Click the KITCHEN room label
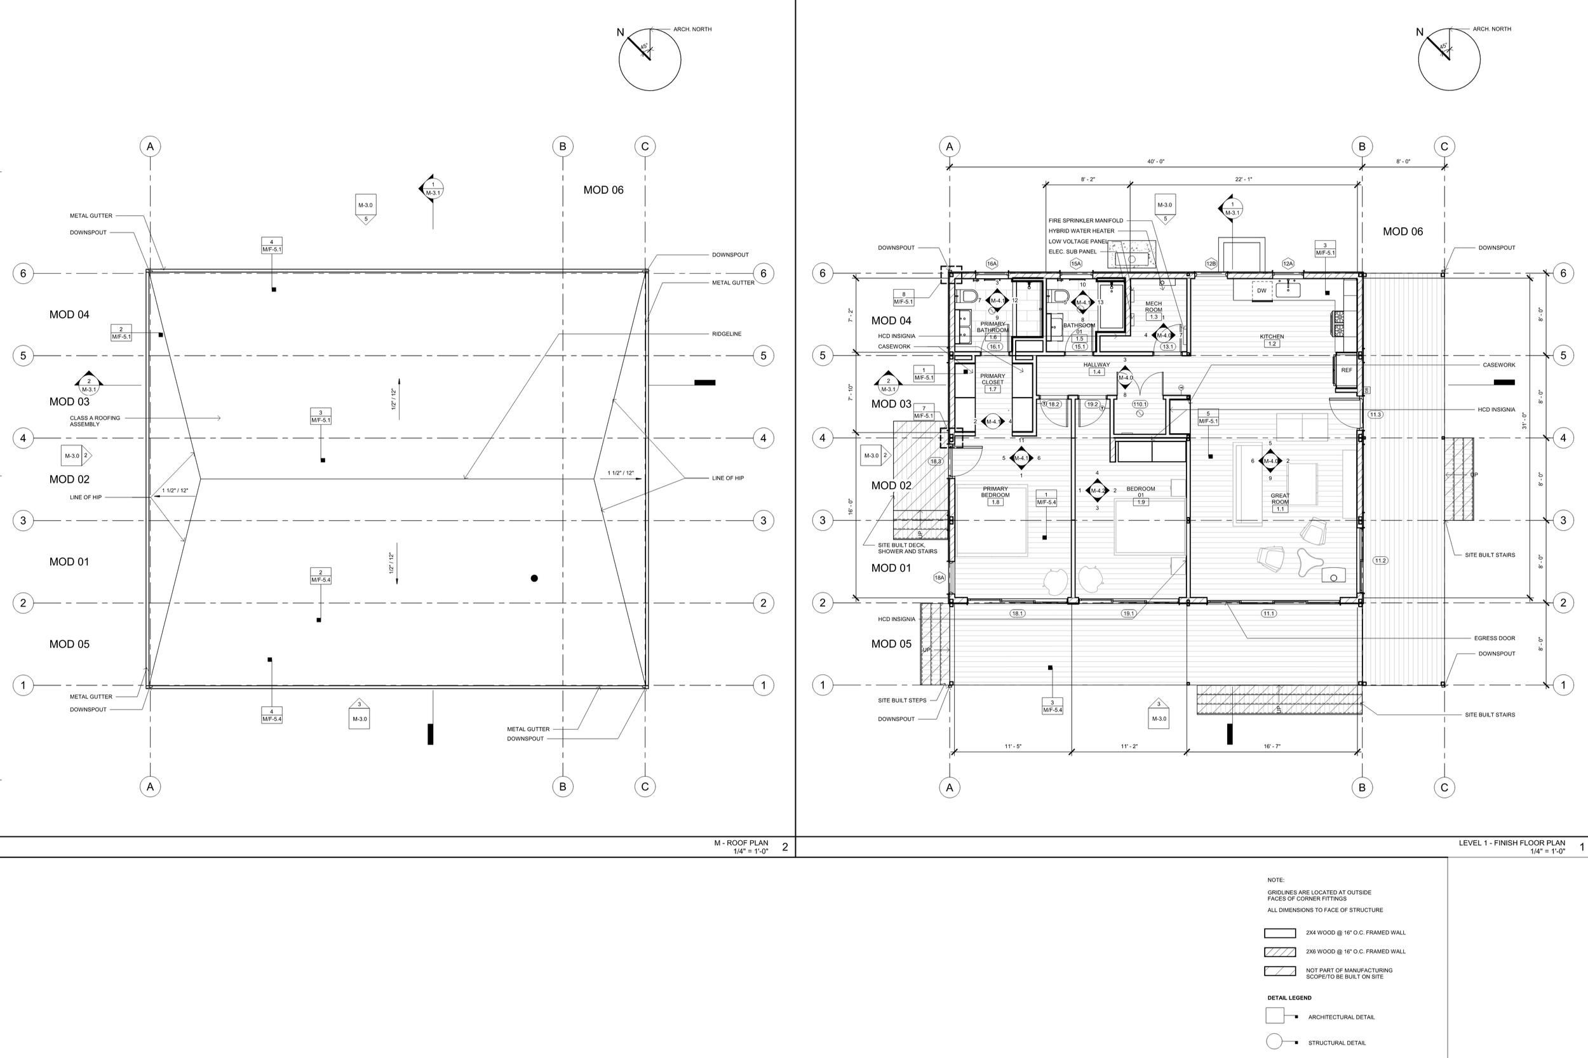[1272, 336]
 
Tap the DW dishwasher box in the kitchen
[1262, 291]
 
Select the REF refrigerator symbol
[1346, 370]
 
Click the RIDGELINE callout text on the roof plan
[726, 334]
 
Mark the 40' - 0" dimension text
[1155, 162]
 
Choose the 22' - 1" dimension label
[1243, 180]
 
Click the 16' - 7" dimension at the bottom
[1272, 746]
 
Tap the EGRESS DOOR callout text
[1494, 638]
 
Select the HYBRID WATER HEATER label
[1081, 231]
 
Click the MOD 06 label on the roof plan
[603, 191]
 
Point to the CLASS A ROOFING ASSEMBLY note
[95, 421]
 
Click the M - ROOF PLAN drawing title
[741, 843]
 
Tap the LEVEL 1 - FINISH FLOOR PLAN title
[1511, 843]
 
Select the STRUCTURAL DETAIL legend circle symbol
[1274, 1041]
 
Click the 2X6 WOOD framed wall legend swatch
[1279, 952]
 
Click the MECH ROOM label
[1154, 306]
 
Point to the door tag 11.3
[1375, 414]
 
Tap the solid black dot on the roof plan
[534, 579]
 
